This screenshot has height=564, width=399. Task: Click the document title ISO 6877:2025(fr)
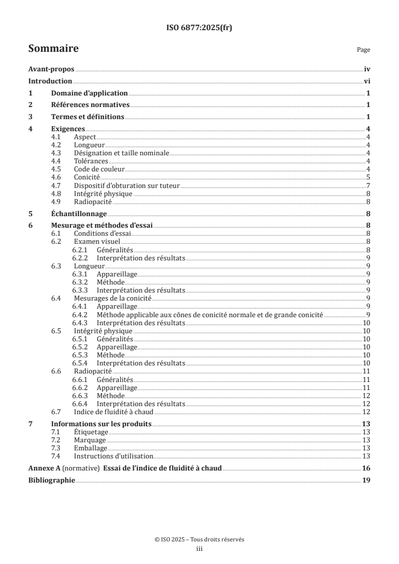click(199, 28)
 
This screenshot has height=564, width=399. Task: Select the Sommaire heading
click(53, 49)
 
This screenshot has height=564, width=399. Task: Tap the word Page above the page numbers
click(363, 50)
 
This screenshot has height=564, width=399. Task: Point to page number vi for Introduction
click(367, 82)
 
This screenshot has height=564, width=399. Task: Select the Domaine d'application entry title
click(90, 93)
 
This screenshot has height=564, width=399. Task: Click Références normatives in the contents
click(91, 105)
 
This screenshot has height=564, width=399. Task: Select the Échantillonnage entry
click(78, 214)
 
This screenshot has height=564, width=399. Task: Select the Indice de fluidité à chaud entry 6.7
click(107, 412)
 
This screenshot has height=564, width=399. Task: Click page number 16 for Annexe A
click(366, 468)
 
